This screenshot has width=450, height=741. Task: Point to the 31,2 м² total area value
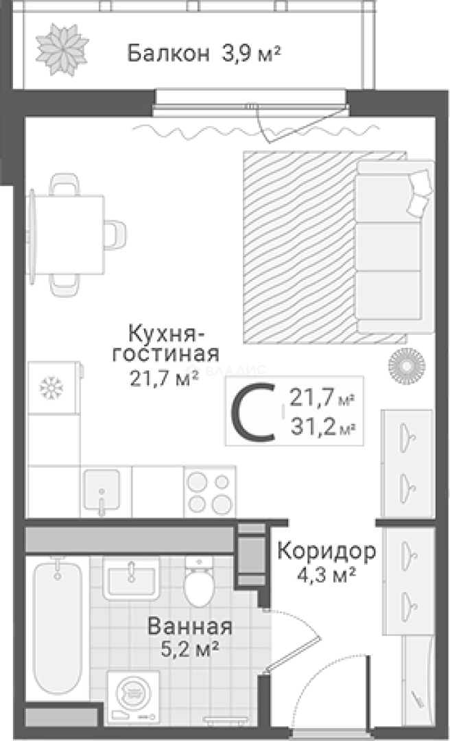[322, 427]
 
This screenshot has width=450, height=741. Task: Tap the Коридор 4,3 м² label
[327, 561]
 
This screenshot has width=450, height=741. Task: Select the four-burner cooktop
[209, 491]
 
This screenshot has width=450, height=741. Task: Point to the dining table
[67, 234]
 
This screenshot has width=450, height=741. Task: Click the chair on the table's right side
[116, 234]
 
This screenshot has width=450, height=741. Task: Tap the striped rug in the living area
[298, 247]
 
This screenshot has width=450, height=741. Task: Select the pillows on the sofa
[418, 190]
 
